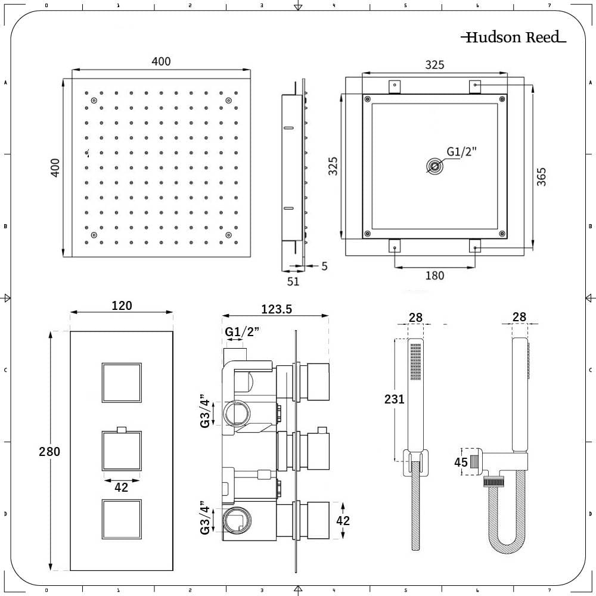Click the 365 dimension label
(541, 177)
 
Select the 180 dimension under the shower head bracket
(435, 275)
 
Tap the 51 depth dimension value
(293, 281)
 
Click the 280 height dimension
(49, 451)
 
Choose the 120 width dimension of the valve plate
(122, 305)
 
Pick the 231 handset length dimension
(395, 399)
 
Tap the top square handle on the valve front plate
(122, 382)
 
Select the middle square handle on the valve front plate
(122, 451)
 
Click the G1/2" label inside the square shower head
(462, 151)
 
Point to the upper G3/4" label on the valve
(206, 409)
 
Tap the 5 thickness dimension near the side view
(324, 266)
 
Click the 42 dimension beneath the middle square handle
(122, 487)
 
